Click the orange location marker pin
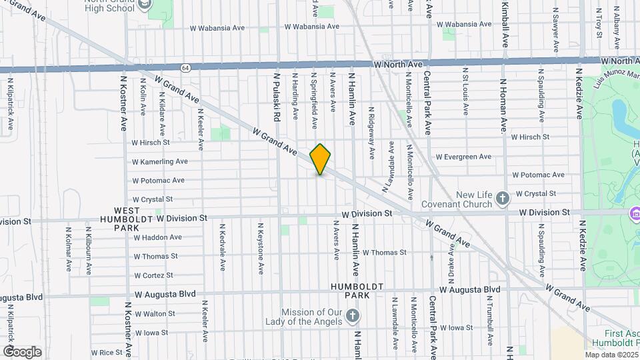[320, 159]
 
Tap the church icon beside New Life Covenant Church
[503, 198]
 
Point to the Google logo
[22, 351]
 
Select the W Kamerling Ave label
[160, 161]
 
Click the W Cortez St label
[153, 275]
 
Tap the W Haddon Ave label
[158, 237]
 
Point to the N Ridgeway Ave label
[372, 133]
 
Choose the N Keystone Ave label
[253, 247]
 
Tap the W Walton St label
[154, 313]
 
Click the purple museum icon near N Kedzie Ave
[634, 215]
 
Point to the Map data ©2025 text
[611, 355]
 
